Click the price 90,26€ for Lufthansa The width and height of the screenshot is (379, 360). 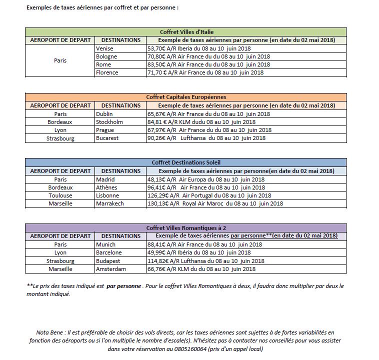(157, 137)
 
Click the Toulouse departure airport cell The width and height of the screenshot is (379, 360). (60, 195)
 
